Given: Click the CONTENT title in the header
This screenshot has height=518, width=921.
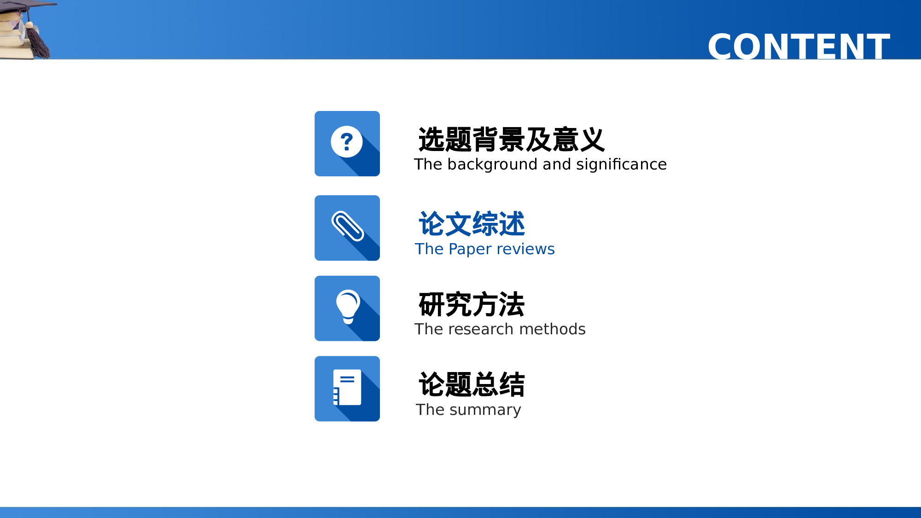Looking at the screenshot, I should click(x=799, y=47).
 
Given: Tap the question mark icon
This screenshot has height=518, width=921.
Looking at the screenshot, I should click(x=347, y=142).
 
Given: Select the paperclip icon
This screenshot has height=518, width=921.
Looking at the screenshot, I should click(x=348, y=226).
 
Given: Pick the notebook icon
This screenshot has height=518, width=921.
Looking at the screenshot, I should click(x=347, y=388).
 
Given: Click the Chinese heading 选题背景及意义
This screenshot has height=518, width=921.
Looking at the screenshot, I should click(x=511, y=140).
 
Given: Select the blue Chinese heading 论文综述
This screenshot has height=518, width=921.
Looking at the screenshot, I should click(x=472, y=224).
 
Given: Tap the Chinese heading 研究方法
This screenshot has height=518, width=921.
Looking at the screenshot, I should click(x=472, y=304).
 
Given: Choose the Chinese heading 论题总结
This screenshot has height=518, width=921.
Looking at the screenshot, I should click(x=472, y=384).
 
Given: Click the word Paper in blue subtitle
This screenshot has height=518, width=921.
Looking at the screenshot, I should click(x=470, y=249).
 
